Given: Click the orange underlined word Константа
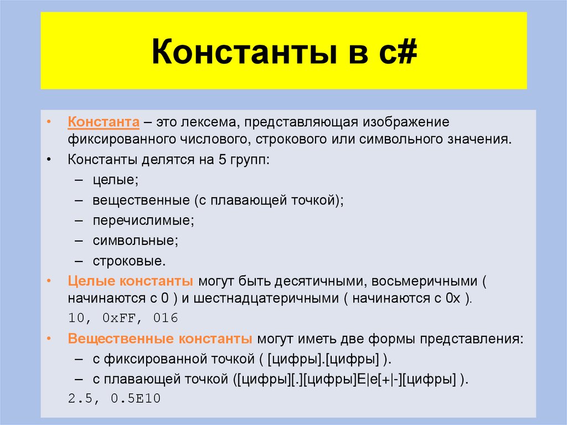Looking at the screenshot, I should (x=103, y=121).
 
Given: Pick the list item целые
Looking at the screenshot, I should (x=115, y=180).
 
